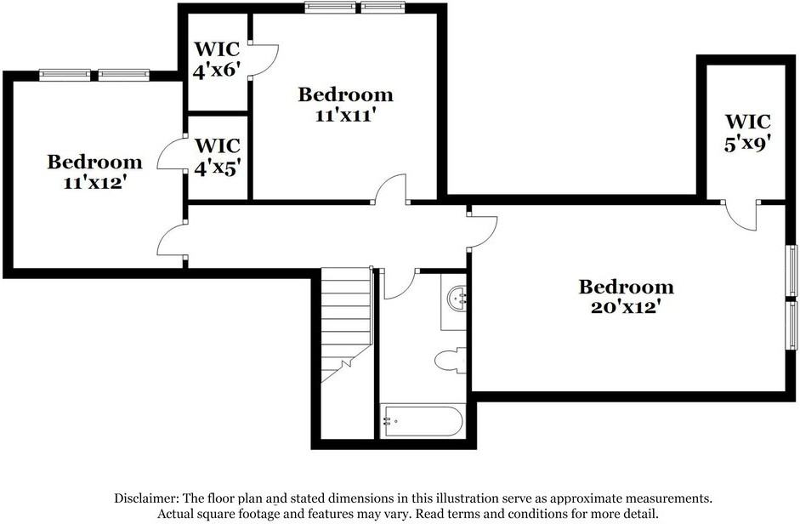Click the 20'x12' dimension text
click(626, 307)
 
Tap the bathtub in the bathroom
click(423, 419)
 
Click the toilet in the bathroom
click(450, 360)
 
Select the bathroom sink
click(457, 298)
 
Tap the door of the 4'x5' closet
click(173, 153)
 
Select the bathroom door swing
click(397, 283)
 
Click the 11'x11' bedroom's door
click(391, 189)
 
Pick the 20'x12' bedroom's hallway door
click(482, 231)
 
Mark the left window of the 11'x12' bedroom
click(65, 75)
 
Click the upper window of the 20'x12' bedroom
click(791, 270)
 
